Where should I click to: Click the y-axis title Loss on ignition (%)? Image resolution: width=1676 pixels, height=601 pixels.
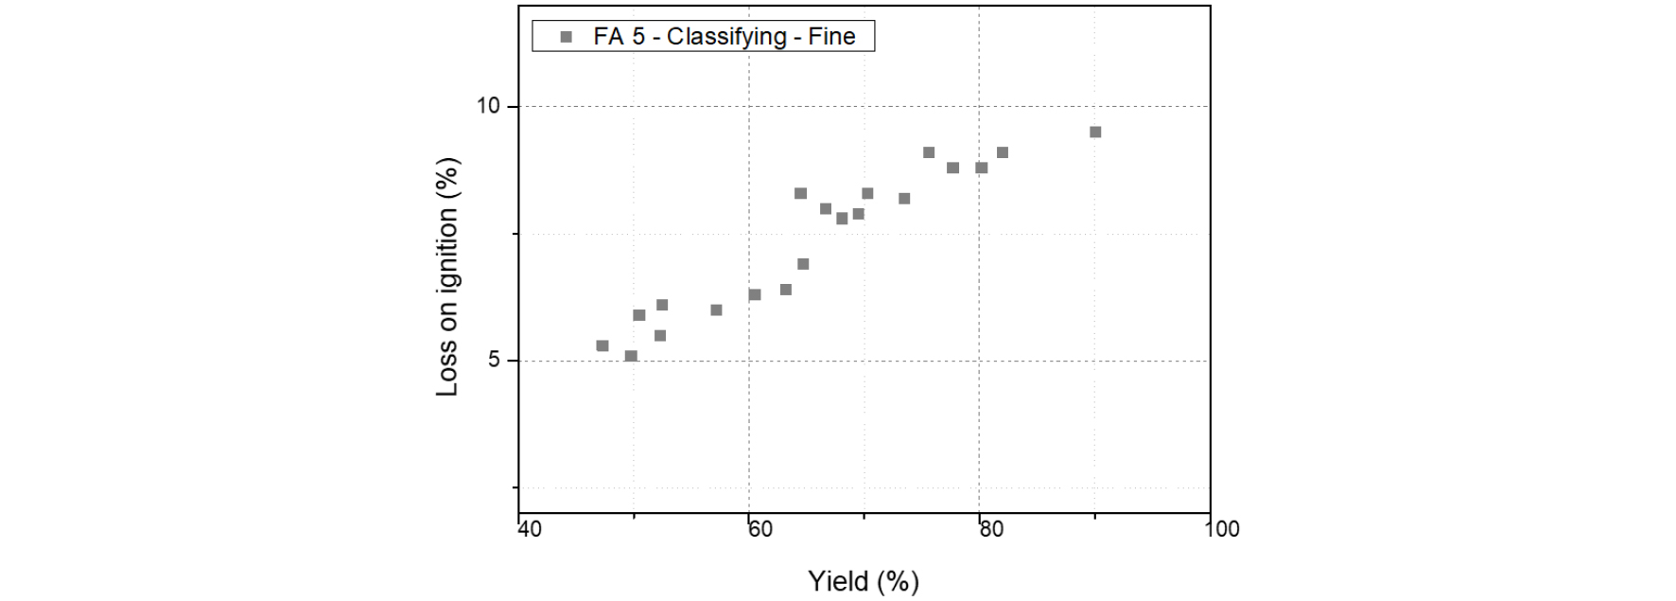446,276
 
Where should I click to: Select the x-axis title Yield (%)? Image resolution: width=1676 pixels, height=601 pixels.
863,580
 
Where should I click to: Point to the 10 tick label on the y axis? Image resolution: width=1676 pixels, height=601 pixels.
487,106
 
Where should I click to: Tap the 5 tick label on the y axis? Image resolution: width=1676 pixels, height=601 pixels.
494,361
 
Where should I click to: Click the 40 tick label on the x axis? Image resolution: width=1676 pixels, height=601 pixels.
530,529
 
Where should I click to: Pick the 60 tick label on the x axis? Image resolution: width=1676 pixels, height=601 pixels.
760,529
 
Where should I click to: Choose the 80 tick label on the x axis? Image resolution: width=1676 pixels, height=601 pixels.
991,529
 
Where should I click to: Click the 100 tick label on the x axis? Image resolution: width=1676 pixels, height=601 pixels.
1222,529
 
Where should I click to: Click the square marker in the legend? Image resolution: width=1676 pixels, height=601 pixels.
567,37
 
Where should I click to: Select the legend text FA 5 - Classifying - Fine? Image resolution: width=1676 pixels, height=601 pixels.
724,37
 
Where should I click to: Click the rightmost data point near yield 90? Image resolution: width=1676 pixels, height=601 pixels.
1095,133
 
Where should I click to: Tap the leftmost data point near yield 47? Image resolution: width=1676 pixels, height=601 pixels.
602,346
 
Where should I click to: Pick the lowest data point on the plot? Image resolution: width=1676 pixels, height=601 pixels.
631,357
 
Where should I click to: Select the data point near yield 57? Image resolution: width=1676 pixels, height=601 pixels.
716,310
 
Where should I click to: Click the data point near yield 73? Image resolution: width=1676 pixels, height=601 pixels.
904,199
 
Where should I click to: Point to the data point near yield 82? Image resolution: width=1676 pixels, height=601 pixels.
1003,153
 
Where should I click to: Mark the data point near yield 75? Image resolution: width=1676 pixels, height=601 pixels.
929,153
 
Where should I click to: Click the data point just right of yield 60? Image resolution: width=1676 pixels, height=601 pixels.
755,295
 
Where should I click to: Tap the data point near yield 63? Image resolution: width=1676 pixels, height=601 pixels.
785,290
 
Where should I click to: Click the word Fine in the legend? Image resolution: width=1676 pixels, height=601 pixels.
831,37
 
